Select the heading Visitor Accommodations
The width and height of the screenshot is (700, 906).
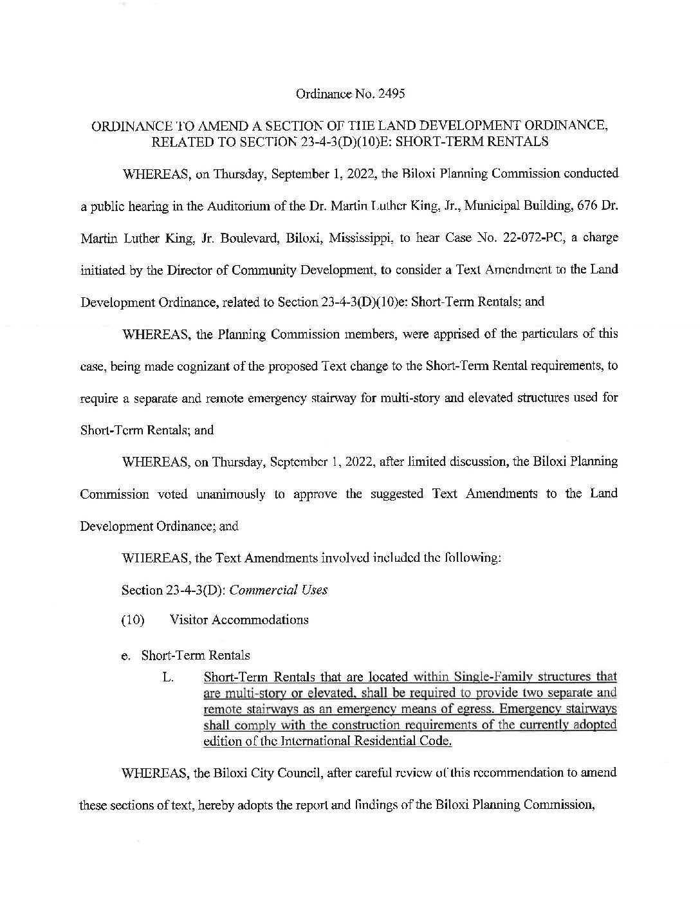239,620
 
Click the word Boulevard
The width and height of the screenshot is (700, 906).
252,237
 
